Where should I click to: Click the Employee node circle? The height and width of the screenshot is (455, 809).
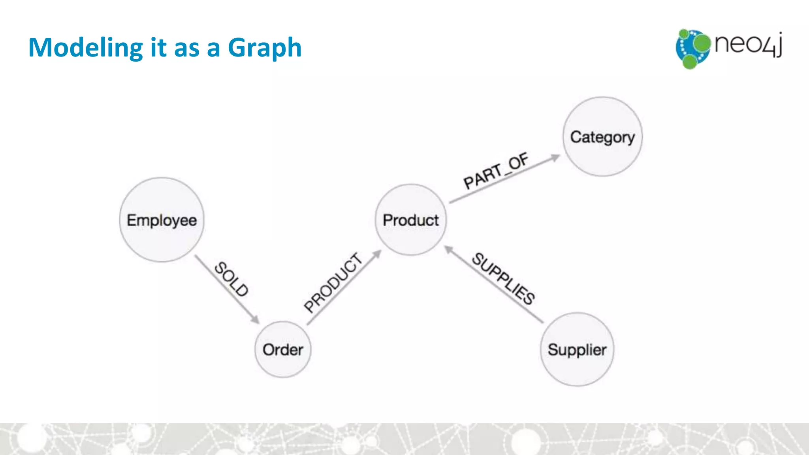162,220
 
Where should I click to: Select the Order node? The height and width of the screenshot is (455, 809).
283,349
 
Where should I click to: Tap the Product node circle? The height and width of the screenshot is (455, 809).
411,220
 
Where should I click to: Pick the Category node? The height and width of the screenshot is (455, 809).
602,137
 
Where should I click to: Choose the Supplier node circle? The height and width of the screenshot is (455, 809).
577,349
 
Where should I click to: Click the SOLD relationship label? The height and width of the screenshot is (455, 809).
231,279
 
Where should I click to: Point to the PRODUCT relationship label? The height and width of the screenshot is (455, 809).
333,283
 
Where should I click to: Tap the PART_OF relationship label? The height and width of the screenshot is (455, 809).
496,171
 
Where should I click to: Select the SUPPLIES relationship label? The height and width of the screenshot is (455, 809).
504,279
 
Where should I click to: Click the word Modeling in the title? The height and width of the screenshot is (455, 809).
85,48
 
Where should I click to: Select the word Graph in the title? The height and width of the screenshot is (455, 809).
265,48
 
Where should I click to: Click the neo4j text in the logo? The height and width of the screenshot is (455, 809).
748,44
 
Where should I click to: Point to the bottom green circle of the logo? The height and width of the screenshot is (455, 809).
690,62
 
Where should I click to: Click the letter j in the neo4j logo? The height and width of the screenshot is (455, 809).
779,44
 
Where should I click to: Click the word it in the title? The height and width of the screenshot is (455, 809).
158,48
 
